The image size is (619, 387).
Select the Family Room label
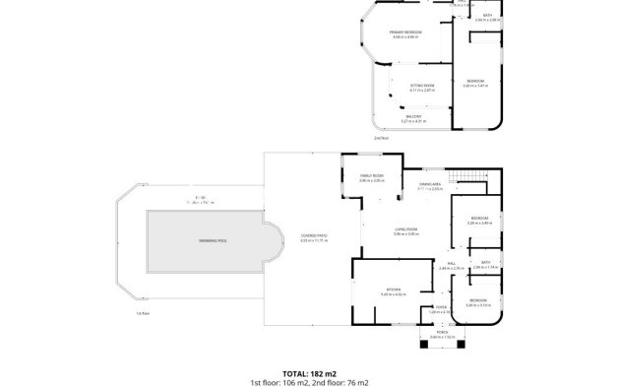pos(370,176)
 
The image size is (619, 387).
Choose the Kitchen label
pos(393,291)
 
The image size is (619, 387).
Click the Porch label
pos(436,335)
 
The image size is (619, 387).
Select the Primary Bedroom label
pos(405,33)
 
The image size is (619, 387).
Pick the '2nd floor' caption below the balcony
pos(380,138)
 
